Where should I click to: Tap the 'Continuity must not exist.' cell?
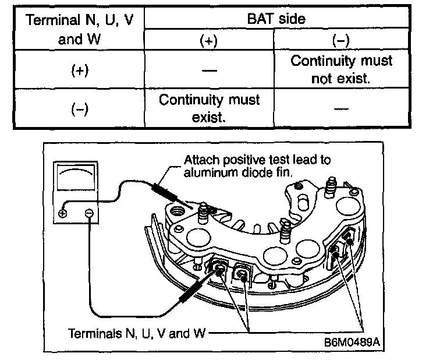(341, 69)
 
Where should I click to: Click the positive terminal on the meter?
(63, 213)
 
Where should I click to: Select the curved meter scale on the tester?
(76, 174)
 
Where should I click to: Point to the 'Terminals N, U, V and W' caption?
(137, 334)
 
